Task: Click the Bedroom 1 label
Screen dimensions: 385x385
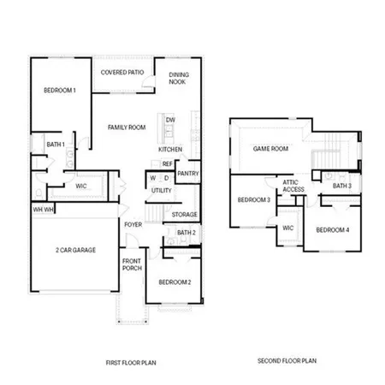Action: [61, 91]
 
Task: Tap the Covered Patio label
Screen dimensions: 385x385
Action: [123, 74]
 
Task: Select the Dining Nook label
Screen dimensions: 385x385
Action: [179, 78]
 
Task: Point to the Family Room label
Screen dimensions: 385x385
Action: [127, 127]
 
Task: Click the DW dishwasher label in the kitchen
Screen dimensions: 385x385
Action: [170, 120]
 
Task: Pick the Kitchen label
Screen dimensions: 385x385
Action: [170, 150]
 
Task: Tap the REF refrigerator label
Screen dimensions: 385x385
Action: [168, 163]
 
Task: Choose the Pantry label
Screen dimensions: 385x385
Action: [188, 174]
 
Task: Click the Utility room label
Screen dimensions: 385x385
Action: [162, 191]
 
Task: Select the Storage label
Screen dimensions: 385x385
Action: [185, 214]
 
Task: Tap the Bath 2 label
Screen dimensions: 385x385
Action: [187, 233]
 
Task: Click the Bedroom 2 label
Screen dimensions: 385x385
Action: [175, 282]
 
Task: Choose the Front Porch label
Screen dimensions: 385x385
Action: [132, 265]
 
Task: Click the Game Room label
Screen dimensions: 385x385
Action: [270, 149]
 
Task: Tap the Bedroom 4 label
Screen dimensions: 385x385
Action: [332, 230]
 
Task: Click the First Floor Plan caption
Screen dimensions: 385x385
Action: [132, 363]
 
